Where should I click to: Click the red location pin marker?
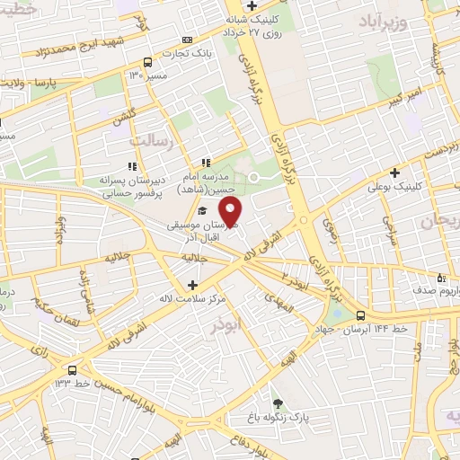coord(232,213)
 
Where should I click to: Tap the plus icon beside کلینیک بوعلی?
coord(394,172)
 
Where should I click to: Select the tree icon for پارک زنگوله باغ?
coord(278,403)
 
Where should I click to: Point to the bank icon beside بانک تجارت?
coord(187,40)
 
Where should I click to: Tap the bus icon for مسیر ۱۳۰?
coord(146,62)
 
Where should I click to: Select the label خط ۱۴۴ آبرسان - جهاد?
coord(410,315)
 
